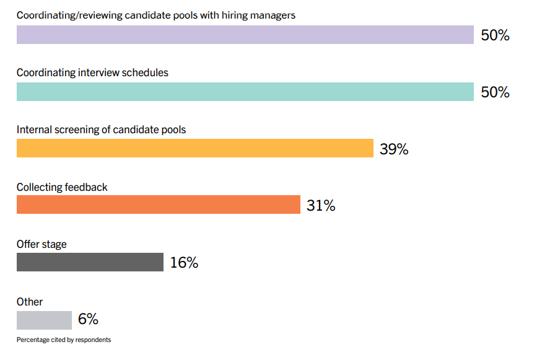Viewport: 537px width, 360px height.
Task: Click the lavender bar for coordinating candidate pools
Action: (x=245, y=35)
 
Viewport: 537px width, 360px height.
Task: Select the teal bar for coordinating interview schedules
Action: (x=245, y=92)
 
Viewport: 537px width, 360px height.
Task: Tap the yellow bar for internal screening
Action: (x=194, y=149)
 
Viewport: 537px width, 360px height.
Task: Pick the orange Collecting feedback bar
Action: (x=158, y=205)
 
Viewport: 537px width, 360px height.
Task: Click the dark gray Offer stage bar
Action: (x=90, y=262)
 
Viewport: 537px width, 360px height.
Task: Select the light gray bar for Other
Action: (x=44, y=320)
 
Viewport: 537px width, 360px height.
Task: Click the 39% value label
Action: (x=394, y=149)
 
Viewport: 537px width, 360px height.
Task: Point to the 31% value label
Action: (x=321, y=206)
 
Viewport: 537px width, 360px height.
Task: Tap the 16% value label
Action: (x=184, y=263)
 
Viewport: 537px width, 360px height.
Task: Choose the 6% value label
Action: (x=88, y=320)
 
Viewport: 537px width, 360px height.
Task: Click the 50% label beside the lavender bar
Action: (x=495, y=35)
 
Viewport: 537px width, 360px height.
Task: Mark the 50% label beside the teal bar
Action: (x=495, y=92)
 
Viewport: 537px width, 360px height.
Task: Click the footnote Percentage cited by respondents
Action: (x=64, y=340)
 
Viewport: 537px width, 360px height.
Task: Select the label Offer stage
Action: (x=41, y=244)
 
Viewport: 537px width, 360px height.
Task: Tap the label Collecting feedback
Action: (x=62, y=187)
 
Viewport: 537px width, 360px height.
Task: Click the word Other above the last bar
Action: (x=30, y=302)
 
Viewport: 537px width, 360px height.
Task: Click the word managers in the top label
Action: (x=273, y=15)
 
